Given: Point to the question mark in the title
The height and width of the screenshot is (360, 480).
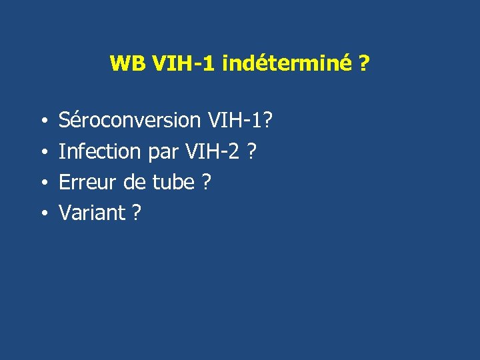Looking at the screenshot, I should click(x=365, y=64).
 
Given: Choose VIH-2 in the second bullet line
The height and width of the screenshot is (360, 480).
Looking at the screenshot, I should click(x=210, y=151).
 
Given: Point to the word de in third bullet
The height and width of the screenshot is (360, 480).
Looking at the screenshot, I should click(x=135, y=182).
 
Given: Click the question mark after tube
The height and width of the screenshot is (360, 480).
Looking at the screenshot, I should click(x=205, y=182).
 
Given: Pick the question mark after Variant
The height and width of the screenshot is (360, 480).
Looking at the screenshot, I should click(x=136, y=213).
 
